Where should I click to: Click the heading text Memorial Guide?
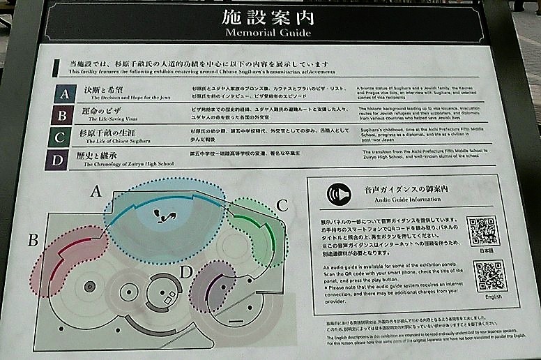[x=268, y=32]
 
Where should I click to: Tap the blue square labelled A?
[x=65, y=93]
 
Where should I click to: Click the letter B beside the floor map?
[x=32, y=241]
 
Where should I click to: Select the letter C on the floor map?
[x=282, y=205]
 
